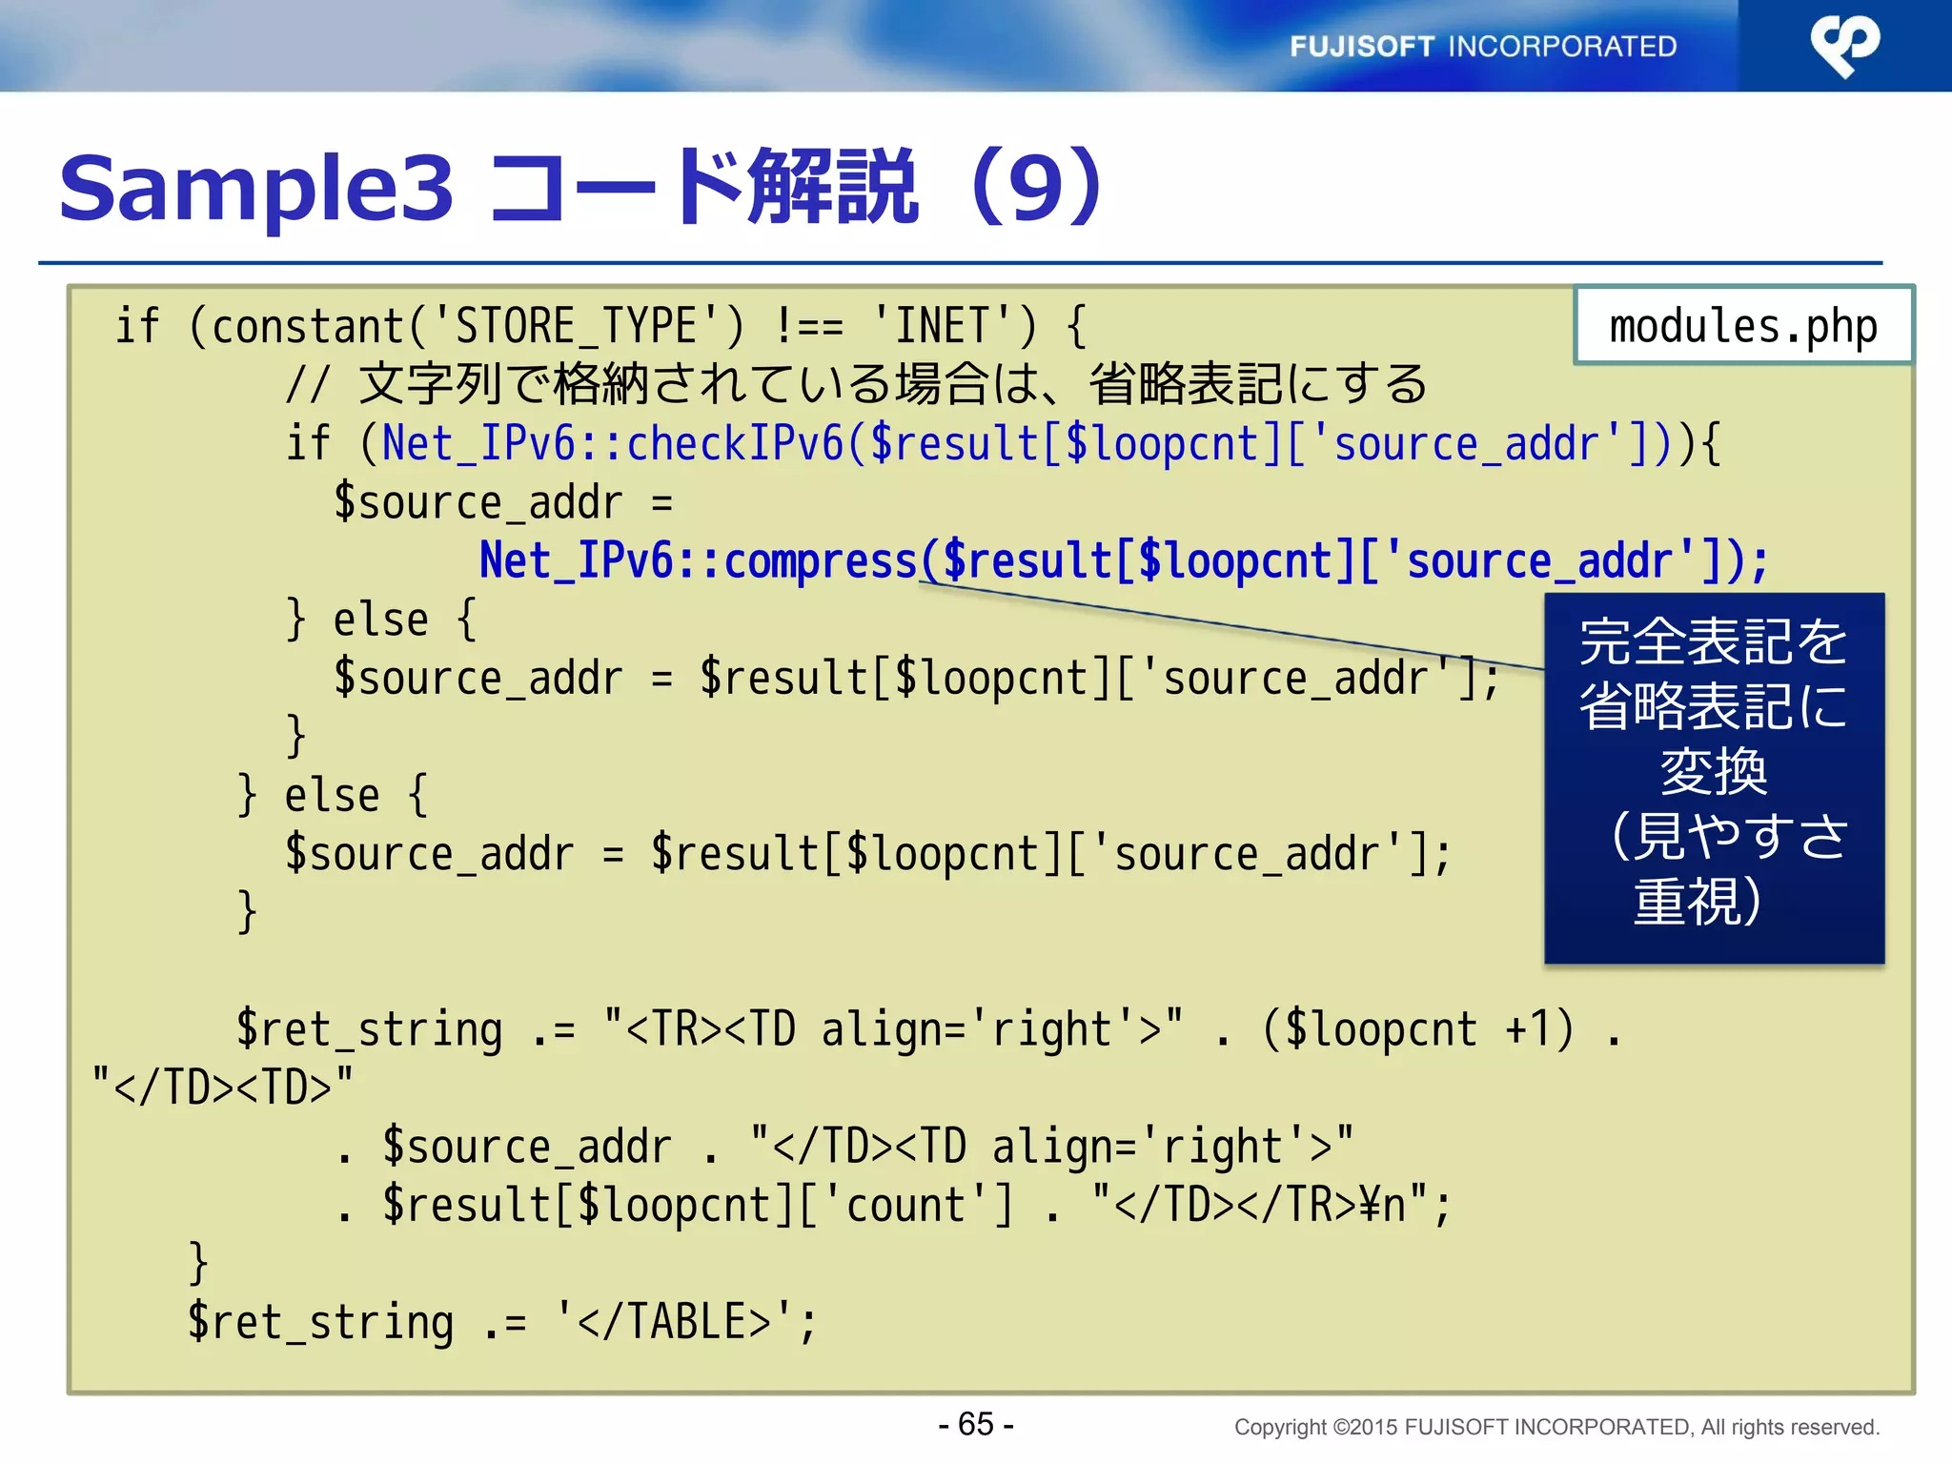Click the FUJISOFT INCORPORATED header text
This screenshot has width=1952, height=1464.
point(1482,46)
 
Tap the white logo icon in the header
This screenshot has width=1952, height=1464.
point(1844,45)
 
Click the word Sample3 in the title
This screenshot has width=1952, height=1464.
point(256,188)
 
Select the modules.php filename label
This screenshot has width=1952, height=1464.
point(1742,327)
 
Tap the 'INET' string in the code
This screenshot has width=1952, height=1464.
point(943,327)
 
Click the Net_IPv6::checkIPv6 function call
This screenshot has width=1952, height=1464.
point(613,444)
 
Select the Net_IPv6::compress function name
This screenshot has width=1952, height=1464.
point(698,560)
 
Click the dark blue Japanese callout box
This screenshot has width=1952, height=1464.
point(1714,777)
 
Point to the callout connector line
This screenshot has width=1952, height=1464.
point(1239,626)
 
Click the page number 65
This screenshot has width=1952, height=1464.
point(976,1424)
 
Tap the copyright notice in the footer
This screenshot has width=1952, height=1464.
point(1556,1427)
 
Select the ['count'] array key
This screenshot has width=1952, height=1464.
point(905,1205)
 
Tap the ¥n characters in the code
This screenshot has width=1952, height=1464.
point(1382,1205)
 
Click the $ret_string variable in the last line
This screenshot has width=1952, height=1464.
point(320,1322)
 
